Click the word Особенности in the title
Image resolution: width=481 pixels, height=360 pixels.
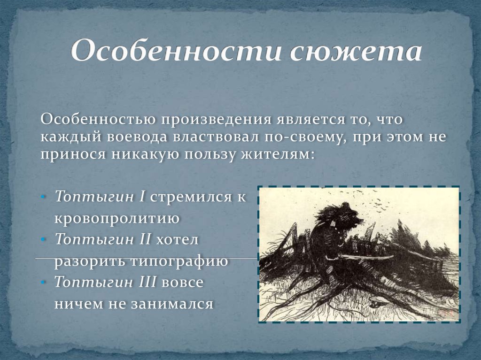pyautogui.click(x=176, y=50)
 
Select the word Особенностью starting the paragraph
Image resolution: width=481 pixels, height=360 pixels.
pyautogui.click(x=98, y=119)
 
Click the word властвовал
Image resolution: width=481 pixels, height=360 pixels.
pyautogui.click(x=216, y=137)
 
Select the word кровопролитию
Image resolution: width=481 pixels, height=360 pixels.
pyautogui.click(x=117, y=219)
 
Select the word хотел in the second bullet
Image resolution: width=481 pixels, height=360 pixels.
pyautogui.click(x=177, y=239)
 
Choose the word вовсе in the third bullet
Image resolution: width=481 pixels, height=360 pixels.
pyautogui.click(x=182, y=282)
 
